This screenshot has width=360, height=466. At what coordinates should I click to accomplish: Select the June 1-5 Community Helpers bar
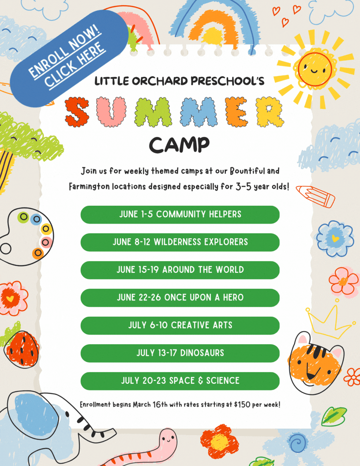point(180,214)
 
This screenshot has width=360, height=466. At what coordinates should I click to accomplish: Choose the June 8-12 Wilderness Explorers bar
point(180,242)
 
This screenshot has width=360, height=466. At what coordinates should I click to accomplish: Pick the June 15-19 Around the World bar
point(180,270)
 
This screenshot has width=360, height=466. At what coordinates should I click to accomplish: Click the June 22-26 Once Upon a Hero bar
point(180,297)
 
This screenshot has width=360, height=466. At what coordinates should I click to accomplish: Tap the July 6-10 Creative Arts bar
point(180,325)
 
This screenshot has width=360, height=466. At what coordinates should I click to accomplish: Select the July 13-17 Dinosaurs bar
point(180,353)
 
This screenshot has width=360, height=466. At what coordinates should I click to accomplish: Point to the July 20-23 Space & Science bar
point(180,380)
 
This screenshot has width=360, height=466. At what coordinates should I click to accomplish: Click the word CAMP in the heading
point(179,144)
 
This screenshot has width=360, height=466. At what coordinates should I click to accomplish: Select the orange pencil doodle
point(316,197)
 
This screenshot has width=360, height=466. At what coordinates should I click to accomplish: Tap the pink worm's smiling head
point(168,439)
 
